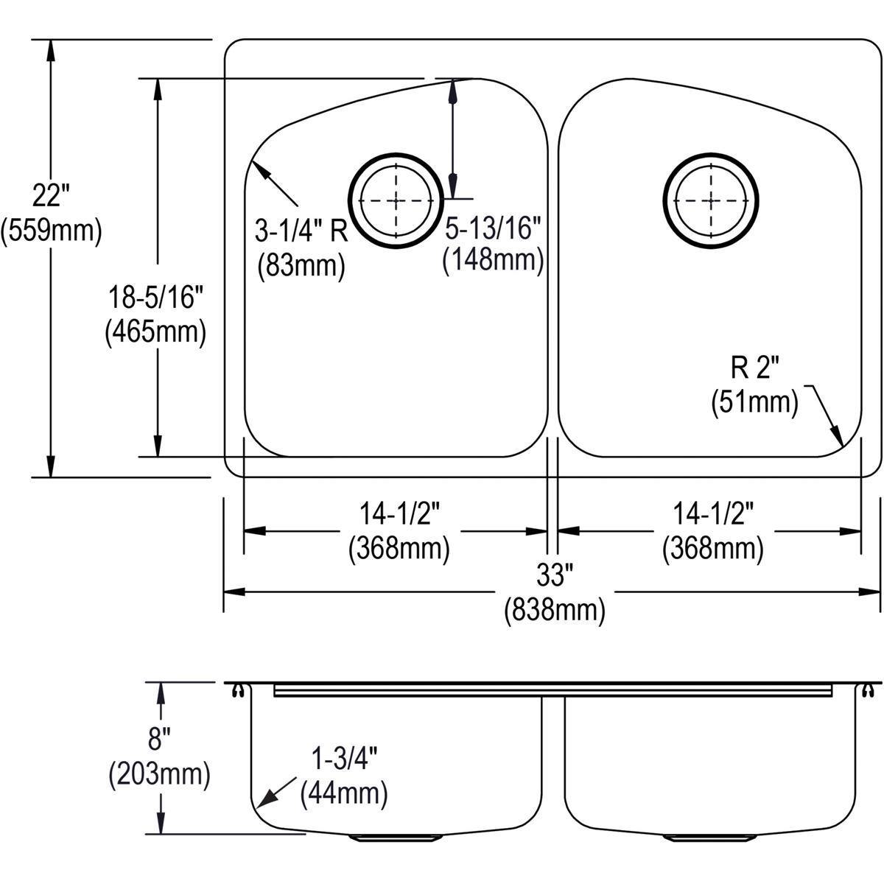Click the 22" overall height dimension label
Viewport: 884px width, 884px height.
click(x=50, y=197)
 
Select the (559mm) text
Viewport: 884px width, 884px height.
click(x=51, y=231)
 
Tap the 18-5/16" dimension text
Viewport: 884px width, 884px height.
click(x=154, y=298)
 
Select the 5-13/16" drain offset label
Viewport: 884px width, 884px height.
click(x=492, y=229)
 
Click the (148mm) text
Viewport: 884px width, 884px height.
click(x=492, y=261)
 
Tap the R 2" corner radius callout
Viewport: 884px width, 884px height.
click(x=754, y=368)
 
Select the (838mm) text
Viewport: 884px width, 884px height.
click(x=554, y=610)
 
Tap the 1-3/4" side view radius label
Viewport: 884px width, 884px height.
click(x=343, y=758)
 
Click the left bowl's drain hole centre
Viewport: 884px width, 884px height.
click(x=397, y=200)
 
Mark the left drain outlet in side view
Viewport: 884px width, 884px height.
click(x=397, y=837)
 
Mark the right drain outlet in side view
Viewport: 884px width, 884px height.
click(x=711, y=837)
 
